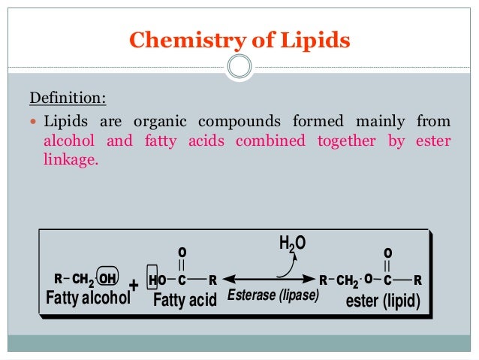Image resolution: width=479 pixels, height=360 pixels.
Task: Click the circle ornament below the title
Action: pyautogui.click(x=239, y=67)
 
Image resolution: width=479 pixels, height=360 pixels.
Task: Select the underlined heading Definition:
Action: pyautogui.click(x=68, y=98)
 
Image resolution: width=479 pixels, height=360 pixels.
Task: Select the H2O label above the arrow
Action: pyautogui.click(x=294, y=244)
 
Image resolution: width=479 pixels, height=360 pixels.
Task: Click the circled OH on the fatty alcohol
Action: pyautogui.click(x=108, y=280)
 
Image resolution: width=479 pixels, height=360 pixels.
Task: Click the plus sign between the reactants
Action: pyautogui.click(x=134, y=286)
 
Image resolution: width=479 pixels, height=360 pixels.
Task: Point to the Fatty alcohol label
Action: pyautogui.click(x=88, y=298)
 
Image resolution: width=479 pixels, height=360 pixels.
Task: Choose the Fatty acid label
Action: pyautogui.click(x=185, y=301)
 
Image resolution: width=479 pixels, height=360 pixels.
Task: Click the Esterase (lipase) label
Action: pyautogui.click(x=273, y=295)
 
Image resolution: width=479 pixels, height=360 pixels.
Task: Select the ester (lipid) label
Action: pyautogui.click(x=382, y=301)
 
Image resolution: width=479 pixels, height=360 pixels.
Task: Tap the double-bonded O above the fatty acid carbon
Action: pyautogui.click(x=182, y=251)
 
